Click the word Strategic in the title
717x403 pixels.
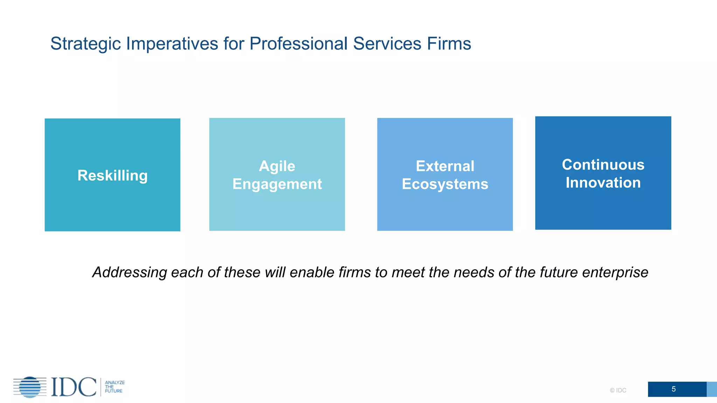(x=85, y=44)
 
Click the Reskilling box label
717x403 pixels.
(x=112, y=175)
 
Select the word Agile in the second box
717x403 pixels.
(x=277, y=166)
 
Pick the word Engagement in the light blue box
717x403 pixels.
(x=277, y=184)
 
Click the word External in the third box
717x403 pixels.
(x=445, y=166)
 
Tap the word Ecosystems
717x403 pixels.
(x=445, y=184)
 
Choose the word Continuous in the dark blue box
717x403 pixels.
(x=603, y=165)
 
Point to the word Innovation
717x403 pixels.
(x=603, y=183)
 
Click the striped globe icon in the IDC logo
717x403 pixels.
(x=30, y=387)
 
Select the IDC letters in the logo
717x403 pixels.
(x=74, y=387)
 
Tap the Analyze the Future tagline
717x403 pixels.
(x=114, y=387)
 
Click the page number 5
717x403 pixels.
(x=674, y=389)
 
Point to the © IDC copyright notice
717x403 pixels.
(x=618, y=390)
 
